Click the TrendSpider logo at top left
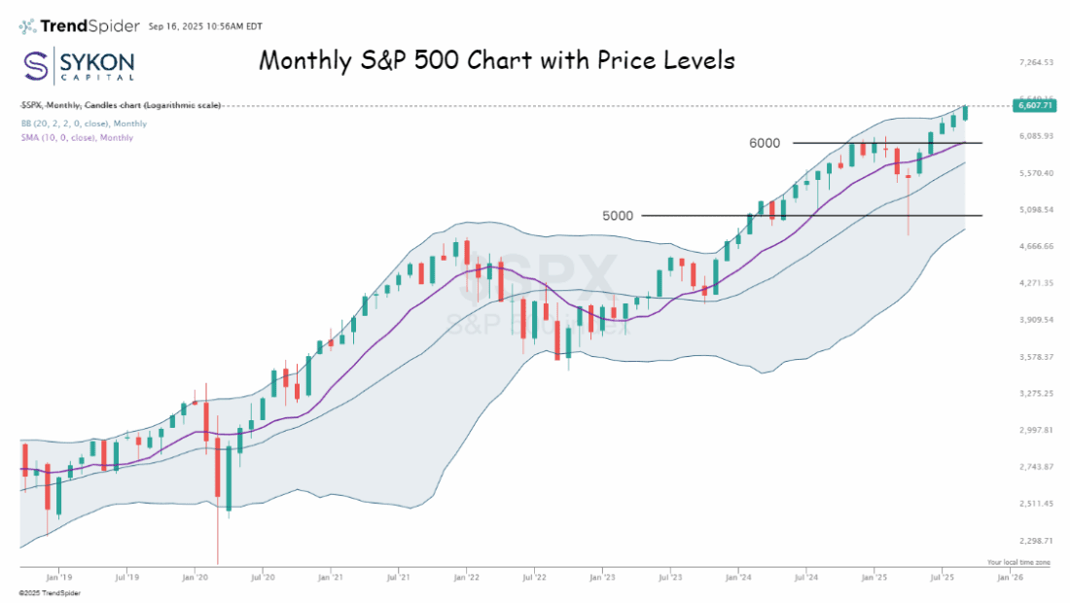[79, 25]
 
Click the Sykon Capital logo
[79, 66]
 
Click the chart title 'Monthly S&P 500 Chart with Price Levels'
[496, 60]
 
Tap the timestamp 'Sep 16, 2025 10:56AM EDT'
[204, 26]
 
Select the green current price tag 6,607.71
[1034, 105]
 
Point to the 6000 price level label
[765, 143]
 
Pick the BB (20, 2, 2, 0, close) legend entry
[85, 124]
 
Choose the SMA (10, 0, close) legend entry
[77, 137]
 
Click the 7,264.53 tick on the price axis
[1036, 62]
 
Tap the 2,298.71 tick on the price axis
[1036, 540]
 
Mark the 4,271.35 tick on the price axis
[1036, 283]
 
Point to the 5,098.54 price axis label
[1036, 209]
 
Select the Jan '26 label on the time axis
[1010, 577]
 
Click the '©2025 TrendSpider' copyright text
[50, 592]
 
